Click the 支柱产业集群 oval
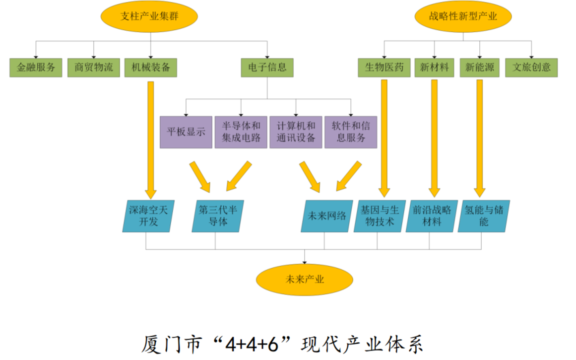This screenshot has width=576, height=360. (x=149, y=17)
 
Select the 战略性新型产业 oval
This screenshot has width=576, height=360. (x=463, y=17)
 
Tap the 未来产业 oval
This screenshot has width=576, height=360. (x=305, y=279)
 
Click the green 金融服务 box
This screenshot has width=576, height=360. (x=36, y=67)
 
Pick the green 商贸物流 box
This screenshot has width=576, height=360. (x=94, y=67)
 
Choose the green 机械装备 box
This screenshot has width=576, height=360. (x=151, y=67)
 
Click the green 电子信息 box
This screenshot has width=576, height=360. (x=267, y=67)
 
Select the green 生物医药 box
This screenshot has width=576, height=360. (x=384, y=67)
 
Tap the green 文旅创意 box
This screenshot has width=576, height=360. (x=532, y=67)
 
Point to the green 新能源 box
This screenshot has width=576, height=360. (x=480, y=67)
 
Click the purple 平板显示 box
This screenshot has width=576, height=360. (x=186, y=132)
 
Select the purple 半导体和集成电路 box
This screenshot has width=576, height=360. (x=241, y=132)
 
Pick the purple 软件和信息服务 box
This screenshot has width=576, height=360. (x=351, y=132)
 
